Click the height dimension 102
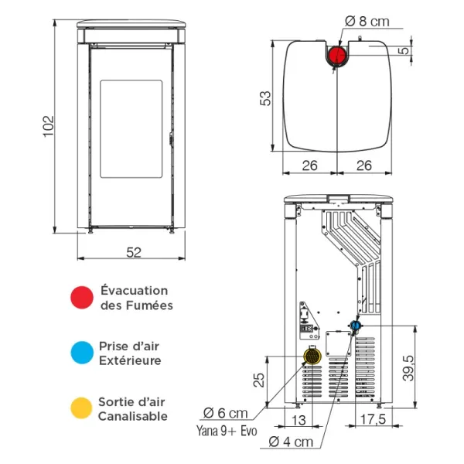[x=47, y=125]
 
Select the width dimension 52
[x=132, y=251]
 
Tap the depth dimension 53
[x=265, y=97]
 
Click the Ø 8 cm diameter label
[x=368, y=22]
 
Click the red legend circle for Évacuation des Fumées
[x=80, y=298]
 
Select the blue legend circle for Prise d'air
[x=80, y=353]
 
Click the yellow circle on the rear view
[x=312, y=356]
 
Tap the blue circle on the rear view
[x=355, y=326]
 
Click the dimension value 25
[x=259, y=380]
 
